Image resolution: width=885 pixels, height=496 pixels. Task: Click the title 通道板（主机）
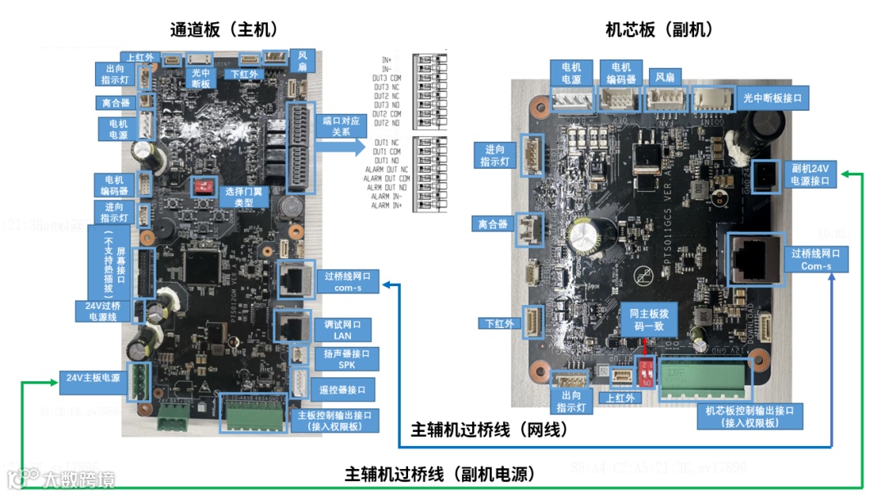pos(224,30)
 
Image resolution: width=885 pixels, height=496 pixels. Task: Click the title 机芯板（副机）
pos(659,30)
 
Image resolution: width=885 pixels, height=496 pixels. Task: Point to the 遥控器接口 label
pos(343,389)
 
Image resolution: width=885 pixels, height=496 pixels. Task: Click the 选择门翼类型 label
pos(243,195)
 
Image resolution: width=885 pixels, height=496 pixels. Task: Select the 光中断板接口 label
pos(771,97)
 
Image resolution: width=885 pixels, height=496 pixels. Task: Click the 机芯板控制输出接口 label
pos(750,416)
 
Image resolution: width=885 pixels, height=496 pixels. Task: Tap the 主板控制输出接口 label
pos(334,420)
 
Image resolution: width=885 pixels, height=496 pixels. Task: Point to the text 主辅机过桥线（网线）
pos(489,430)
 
